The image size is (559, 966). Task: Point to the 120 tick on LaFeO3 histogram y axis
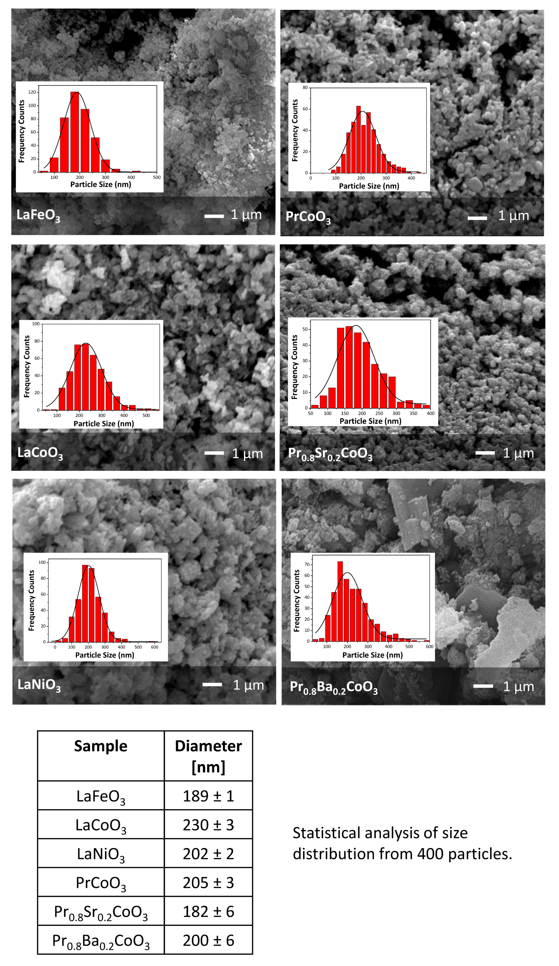(32, 92)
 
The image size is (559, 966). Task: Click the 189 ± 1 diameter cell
(208, 796)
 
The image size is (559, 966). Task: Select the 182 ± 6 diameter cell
(208, 912)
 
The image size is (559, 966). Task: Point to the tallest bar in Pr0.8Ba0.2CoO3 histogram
(340, 601)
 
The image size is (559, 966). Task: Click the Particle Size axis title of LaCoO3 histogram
(104, 423)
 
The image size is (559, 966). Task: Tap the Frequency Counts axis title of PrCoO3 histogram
(295, 130)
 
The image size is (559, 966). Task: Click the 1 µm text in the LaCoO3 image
(247, 454)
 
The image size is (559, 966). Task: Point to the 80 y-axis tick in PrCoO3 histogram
(305, 88)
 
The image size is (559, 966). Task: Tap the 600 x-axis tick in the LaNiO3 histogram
(154, 647)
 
